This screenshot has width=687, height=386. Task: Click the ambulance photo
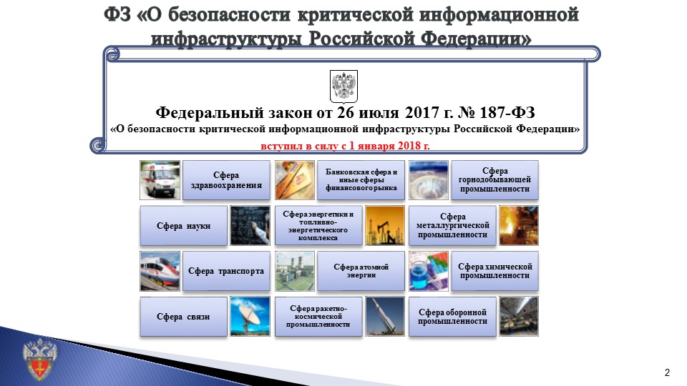[160, 179]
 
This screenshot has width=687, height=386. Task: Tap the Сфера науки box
[183, 226]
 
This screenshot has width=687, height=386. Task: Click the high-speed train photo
[160, 271]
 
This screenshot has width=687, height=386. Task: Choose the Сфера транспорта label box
[226, 271]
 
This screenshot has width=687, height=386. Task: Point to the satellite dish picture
[250, 316]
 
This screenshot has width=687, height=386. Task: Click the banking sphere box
[361, 180]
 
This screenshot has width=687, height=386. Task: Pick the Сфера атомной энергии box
[361, 271]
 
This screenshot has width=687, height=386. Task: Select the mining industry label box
[494, 180]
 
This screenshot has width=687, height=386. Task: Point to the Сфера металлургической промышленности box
[452, 226]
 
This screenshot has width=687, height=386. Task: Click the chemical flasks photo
[428, 271]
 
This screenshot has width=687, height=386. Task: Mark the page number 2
[667, 372]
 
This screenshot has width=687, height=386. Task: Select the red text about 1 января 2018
[345, 146]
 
